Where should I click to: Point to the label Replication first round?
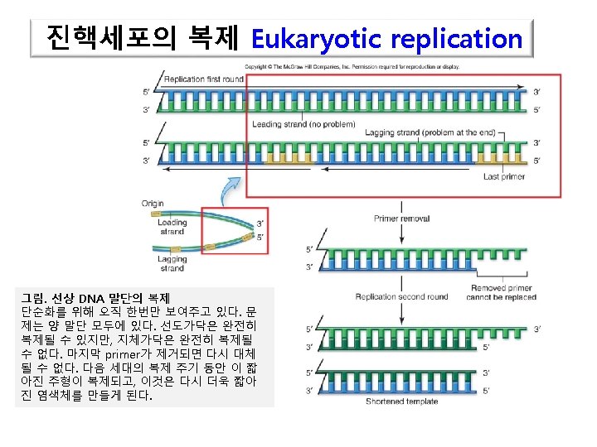point(204,79)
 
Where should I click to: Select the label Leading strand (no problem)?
point(303,124)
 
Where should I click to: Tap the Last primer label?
point(504,176)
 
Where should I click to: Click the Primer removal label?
point(401,219)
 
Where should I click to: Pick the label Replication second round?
point(401,296)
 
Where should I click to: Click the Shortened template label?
point(401,401)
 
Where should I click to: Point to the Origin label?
point(153,203)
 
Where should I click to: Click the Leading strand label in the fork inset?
point(172,227)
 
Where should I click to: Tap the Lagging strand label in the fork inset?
point(172,264)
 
